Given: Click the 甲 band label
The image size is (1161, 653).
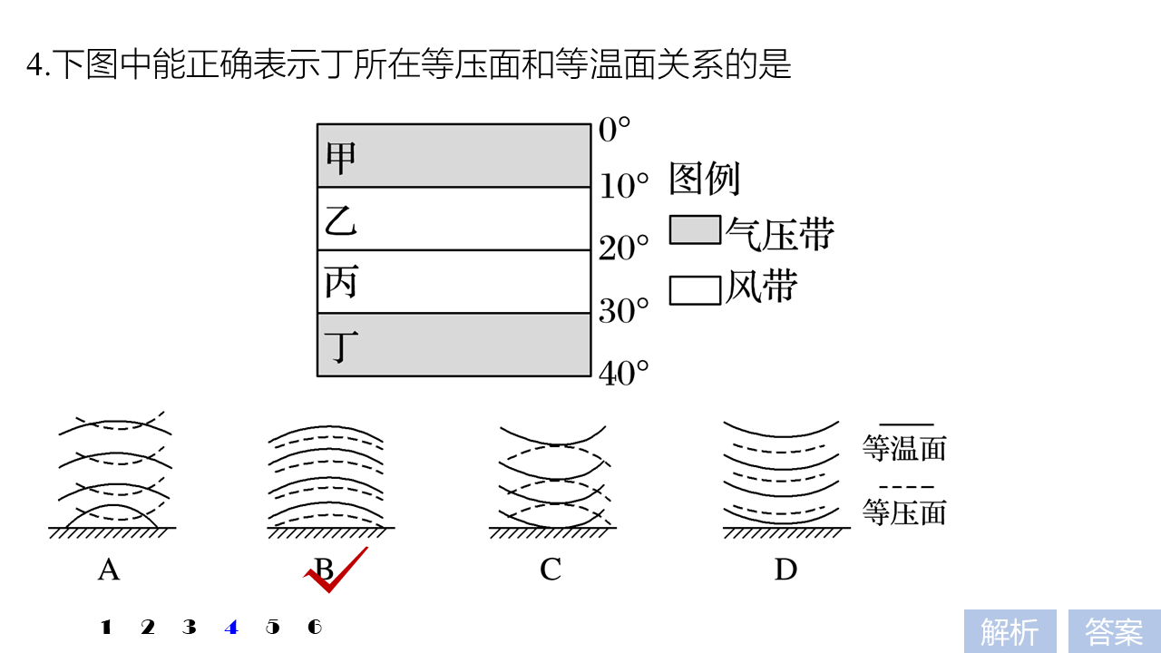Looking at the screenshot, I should point(341,159).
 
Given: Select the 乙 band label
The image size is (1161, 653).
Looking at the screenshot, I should point(341,220).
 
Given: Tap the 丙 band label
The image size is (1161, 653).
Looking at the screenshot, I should point(341,283).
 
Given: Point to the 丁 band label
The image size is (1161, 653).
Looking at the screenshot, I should point(341,346).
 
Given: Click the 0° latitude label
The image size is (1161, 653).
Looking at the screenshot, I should point(614,131).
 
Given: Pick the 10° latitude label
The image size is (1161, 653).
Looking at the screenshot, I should point(624,187).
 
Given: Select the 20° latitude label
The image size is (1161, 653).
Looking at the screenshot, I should point(624,248).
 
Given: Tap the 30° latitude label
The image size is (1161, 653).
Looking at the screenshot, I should point(624,311).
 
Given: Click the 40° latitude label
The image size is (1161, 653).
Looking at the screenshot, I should point(624,373).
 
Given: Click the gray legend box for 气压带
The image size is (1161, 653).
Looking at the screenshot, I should point(695,230).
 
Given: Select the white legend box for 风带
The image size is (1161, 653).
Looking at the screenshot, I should point(695,290).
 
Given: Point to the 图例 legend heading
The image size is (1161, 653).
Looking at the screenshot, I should point(705,180).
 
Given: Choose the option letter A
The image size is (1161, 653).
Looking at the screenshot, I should point(109,570).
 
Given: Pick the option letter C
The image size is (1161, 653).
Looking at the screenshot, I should point(551,570).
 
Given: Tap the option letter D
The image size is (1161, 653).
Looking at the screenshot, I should point(785,570).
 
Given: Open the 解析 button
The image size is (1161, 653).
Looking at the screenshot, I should point(1010,631).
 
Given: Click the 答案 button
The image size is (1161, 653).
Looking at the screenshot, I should point(1114,631).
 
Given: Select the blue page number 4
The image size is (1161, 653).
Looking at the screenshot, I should point(231,627).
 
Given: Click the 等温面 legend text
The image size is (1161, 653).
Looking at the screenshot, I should point(904,448).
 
